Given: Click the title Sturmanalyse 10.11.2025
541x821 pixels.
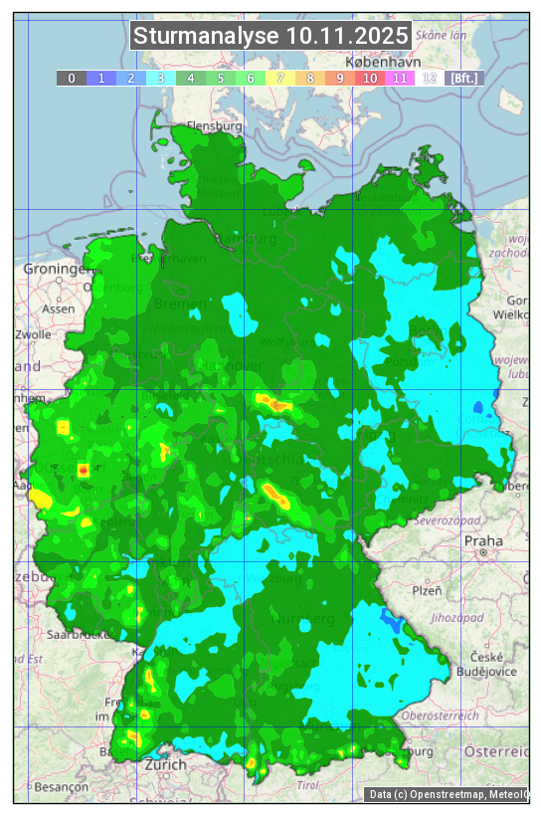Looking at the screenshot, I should (270, 36).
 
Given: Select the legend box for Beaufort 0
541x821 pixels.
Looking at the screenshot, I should (72, 78).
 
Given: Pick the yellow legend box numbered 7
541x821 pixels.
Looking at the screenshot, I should (280, 78).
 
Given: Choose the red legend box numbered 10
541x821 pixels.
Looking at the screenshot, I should (370, 78).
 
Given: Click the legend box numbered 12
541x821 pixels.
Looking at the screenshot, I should (430, 78).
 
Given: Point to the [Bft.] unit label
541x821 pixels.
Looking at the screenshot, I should (464, 78).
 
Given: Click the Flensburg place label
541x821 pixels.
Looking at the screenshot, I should (215, 126).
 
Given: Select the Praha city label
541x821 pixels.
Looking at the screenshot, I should (482, 540).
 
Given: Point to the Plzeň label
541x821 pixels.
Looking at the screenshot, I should (427, 590).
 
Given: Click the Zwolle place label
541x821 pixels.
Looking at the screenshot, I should (33, 334).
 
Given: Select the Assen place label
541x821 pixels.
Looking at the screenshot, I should (59, 308).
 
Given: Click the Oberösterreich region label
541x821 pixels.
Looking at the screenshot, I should (440, 716).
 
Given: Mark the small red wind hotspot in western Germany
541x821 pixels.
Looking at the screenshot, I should (84, 469).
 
